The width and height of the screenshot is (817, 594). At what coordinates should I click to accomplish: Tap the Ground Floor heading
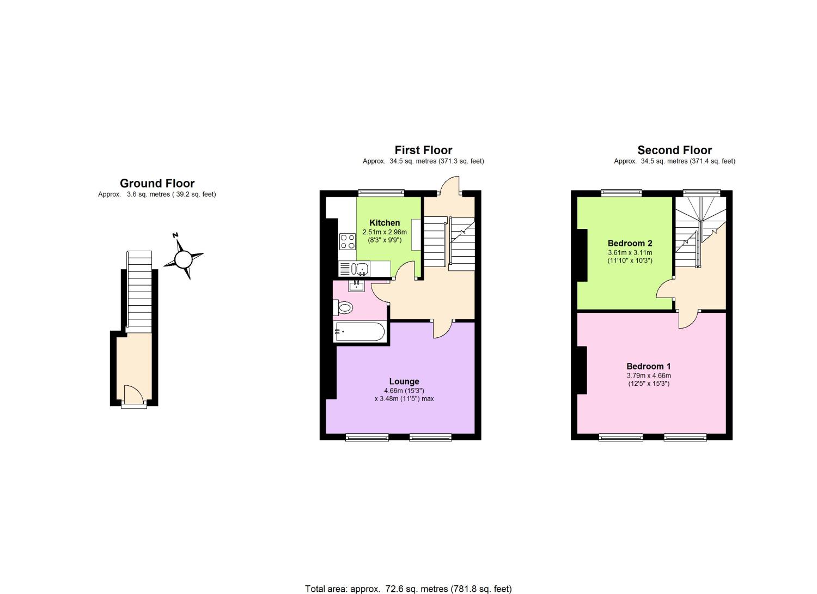click(x=157, y=184)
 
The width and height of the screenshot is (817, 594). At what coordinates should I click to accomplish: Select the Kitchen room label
click(x=385, y=223)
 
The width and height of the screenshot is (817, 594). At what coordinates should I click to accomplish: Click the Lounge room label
click(x=404, y=381)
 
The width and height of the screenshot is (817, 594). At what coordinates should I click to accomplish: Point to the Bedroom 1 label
click(x=648, y=366)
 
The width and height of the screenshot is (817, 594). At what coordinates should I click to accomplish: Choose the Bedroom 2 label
click(x=630, y=244)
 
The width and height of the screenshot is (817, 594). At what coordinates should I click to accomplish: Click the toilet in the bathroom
click(x=344, y=308)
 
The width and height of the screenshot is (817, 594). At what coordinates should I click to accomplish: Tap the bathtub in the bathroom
click(x=360, y=331)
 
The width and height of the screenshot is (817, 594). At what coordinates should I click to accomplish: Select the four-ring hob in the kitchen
click(x=346, y=241)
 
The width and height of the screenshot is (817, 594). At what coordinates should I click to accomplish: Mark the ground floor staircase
click(x=139, y=289)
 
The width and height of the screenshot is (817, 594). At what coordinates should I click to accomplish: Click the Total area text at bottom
click(x=408, y=589)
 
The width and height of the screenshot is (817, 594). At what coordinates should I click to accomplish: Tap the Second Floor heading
click(x=674, y=150)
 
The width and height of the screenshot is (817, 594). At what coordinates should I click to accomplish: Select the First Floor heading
click(x=423, y=150)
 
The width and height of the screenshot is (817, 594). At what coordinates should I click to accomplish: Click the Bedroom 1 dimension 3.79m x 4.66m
click(x=648, y=375)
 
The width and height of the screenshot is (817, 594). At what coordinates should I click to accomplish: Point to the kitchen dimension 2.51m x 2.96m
click(x=385, y=232)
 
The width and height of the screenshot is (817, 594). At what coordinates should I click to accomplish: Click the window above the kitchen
click(x=381, y=192)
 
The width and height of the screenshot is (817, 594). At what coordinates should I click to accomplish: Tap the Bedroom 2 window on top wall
click(x=621, y=192)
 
